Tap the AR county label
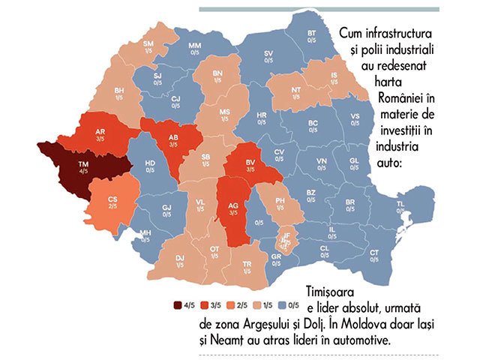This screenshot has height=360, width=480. [x=100, y=131]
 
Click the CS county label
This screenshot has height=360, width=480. [x=112, y=199]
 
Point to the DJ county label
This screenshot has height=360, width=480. [x=180, y=258]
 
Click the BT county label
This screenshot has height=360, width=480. [x=311, y=34]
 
